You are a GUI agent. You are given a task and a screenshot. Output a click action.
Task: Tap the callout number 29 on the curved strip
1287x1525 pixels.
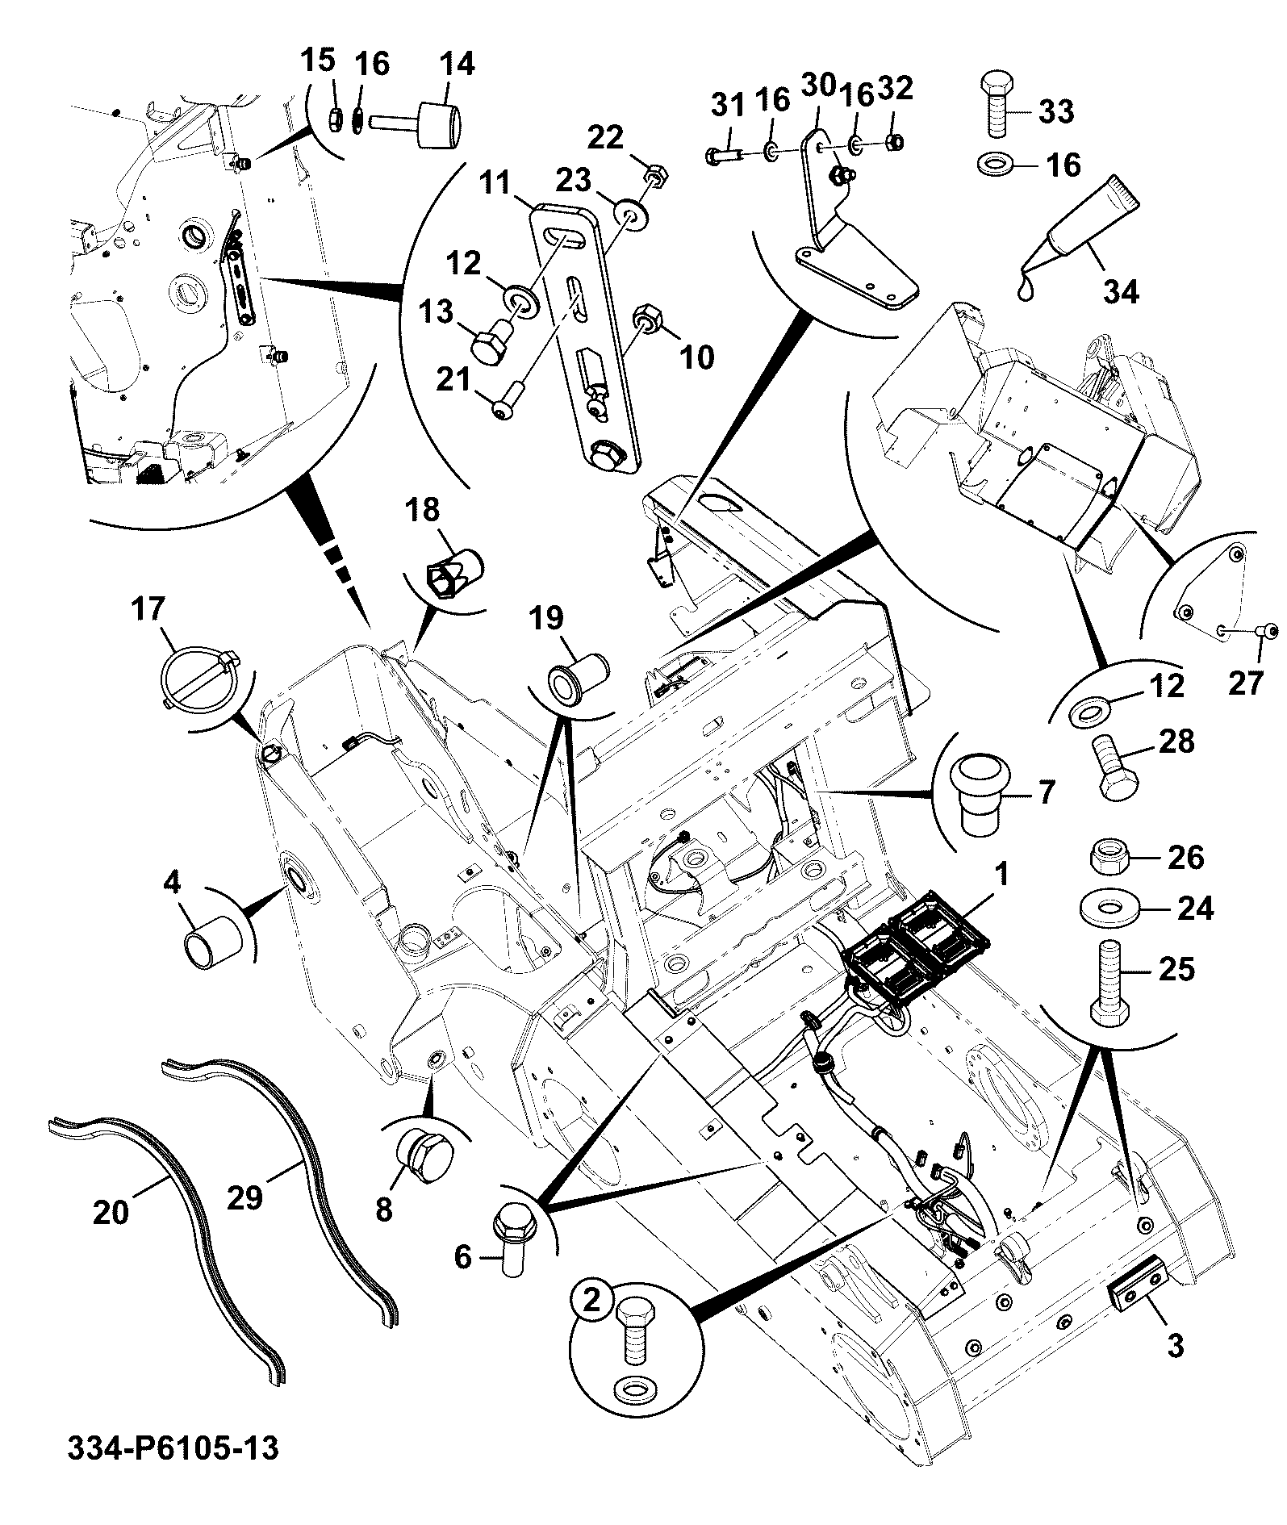tap(245, 1196)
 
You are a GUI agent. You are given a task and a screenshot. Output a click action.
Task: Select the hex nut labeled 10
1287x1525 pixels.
tap(652, 322)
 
